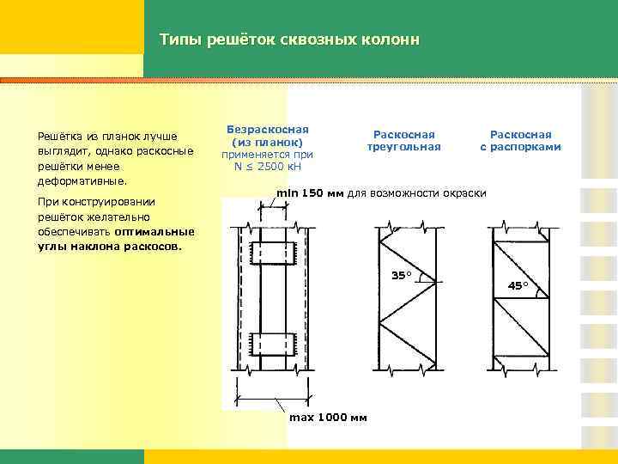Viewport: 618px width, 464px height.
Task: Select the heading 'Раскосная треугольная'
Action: point(403,140)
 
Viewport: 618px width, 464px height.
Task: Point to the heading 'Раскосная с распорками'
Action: point(520,140)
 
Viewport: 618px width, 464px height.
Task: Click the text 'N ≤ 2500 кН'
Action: point(267,166)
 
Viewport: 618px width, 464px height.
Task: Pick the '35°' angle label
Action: point(401,275)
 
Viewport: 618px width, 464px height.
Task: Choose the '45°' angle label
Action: point(518,285)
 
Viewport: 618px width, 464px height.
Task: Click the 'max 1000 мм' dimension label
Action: point(327,418)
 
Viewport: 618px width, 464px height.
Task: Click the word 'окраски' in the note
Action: point(464,192)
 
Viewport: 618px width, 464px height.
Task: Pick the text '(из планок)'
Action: point(267,142)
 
